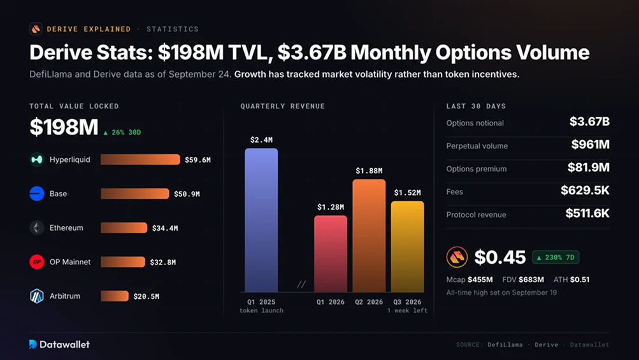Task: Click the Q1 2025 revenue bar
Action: [261, 220]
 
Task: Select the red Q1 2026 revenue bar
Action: [331, 254]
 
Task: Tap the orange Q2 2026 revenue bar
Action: [369, 236]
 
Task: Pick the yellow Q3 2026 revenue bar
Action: [407, 247]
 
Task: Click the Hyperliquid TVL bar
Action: [140, 159]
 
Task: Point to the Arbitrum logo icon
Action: [37, 296]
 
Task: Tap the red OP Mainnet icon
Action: [37, 262]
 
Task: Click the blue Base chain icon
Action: [37, 194]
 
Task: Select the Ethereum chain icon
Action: [37, 227]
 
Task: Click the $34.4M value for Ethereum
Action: [165, 228]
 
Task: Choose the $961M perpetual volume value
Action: [590, 145]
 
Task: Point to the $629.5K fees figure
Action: [585, 190]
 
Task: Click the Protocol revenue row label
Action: [476, 215]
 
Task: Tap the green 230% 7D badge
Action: [556, 257]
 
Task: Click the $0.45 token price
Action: [500, 257]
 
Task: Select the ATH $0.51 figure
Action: [571, 280]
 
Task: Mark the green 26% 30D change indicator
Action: [122, 133]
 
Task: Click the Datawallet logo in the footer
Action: [59, 345]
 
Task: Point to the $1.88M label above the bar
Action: [369, 171]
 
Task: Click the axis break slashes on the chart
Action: [301, 284]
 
